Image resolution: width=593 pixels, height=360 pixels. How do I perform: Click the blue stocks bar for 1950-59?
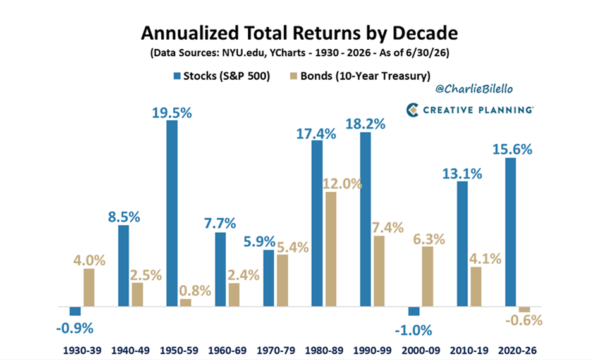click(x=172, y=213)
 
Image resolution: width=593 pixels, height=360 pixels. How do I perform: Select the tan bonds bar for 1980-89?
click(x=331, y=249)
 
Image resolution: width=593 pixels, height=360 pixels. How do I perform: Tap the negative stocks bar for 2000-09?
click(x=413, y=311)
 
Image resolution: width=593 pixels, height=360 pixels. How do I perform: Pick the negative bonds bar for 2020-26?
click(x=525, y=309)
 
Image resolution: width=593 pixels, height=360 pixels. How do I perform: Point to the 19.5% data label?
click(x=172, y=113)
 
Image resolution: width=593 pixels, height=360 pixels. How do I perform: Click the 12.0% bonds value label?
click(x=342, y=183)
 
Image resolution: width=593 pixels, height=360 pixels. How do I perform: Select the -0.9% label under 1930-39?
click(x=75, y=328)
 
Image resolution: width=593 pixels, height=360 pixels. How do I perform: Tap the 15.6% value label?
click(x=512, y=149)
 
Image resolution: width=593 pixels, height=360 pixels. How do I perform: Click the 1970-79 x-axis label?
click(x=276, y=351)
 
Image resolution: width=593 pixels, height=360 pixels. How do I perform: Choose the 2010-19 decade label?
click(x=469, y=351)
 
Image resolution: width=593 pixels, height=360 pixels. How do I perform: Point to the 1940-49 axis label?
click(x=130, y=351)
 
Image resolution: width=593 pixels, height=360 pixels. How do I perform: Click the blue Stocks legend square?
click(x=177, y=76)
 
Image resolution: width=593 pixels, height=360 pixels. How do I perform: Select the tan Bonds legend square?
click(x=294, y=76)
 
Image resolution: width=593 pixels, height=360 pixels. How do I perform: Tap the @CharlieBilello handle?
click(x=474, y=89)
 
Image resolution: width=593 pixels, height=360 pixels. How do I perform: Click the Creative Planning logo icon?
click(x=412, y=110)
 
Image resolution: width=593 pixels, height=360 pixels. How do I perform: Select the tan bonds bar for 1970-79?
click(x=282, y=280)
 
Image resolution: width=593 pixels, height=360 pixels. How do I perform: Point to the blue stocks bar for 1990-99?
click(x=365, y=219)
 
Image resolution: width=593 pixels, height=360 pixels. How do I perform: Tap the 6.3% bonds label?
click(x=429, y=239)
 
